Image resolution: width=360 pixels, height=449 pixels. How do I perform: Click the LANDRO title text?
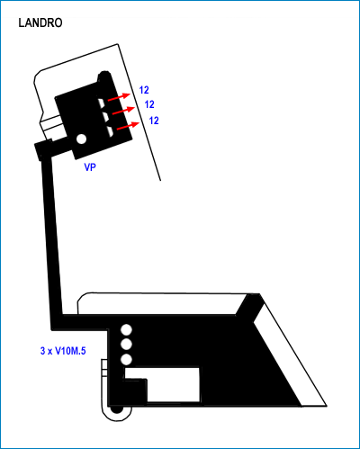coord(40,23)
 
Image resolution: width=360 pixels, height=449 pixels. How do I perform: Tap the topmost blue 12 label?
coord(144,90)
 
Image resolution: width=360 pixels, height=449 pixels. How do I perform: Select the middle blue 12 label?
coord(149,104)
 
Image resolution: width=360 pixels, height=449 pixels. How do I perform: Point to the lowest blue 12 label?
coord(154,121)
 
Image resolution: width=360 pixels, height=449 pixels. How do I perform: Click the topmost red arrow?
coord(119,97)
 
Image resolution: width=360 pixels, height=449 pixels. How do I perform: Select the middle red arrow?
coord(123,110)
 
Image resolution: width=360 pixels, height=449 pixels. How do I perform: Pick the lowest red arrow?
coord(128,126)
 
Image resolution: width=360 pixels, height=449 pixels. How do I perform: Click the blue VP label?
coord(90,167)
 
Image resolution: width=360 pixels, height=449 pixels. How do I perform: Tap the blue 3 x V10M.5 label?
coord(63,351)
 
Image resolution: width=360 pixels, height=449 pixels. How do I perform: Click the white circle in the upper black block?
coord(82,139)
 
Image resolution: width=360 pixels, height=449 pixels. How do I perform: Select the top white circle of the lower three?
coord(126,330)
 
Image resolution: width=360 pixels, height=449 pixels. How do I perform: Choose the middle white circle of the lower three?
coord(126,345)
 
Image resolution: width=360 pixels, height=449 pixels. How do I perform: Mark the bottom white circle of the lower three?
coord(126,359)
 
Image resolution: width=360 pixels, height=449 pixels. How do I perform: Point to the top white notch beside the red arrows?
coord(102,103)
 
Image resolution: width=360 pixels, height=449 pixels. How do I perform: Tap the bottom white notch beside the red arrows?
coord(111,130)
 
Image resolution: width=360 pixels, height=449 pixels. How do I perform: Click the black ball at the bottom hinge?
coord(116,409)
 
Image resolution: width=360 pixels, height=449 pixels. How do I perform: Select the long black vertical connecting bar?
coord(51,237)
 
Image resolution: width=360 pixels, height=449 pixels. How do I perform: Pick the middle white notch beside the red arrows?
coord(106,117)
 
